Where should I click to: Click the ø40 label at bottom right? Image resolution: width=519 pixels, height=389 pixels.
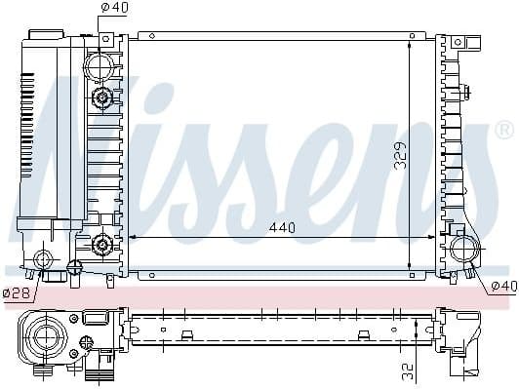point(502,286)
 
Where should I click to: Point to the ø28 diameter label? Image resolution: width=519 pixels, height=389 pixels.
point(16,292)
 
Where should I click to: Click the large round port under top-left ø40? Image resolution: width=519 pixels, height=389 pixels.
point(100,66)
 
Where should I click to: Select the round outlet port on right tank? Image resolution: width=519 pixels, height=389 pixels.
point(461,249)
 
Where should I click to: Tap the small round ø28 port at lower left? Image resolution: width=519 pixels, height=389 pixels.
point(42,260)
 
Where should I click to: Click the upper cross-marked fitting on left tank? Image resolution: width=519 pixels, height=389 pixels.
point(100,98)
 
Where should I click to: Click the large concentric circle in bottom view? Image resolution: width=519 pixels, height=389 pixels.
point(45,339)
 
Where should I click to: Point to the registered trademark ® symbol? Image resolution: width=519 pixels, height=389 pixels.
point(503,130)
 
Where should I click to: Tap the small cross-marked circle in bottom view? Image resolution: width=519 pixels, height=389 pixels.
point(87,340)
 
